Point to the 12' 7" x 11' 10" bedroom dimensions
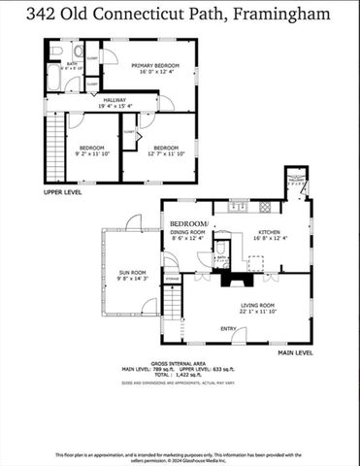[x=166, y=153]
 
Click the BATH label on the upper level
[x=71, y=64]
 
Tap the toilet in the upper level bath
[x=56, y=50]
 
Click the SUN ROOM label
[x=131, y=273]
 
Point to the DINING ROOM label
[x=187, y=232]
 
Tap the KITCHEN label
[x=269, y=232]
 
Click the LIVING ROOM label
[x=258, y=305]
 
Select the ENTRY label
[x=228, y=328]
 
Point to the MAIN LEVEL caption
[x=295, y=352]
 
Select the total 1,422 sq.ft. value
[x=184, y=374]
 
